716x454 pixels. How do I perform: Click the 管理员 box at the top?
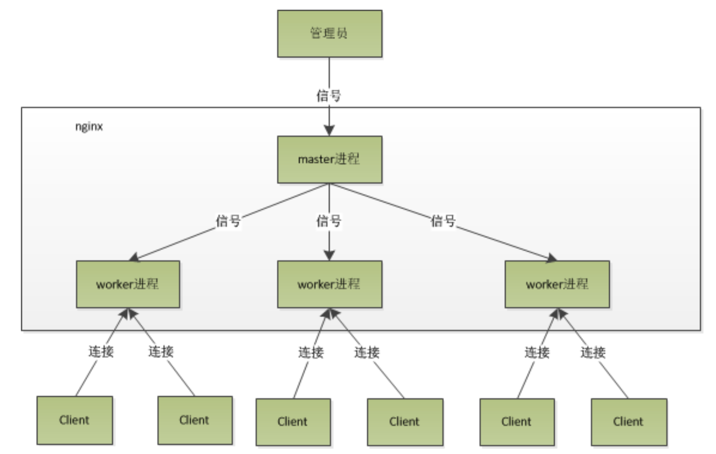(330, 34)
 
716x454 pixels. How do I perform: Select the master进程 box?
(330, 160)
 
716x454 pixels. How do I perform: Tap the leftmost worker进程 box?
(128, 284)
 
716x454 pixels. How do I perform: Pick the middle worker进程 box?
(330, 284)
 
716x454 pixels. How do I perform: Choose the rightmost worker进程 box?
(557, 284)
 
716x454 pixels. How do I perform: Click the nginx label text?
(89, 127)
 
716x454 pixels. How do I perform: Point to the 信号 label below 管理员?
(329, 95)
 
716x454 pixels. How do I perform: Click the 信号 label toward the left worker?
(228, 221)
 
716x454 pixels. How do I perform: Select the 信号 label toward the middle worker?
(329, 221)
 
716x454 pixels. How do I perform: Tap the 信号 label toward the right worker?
(443, 221)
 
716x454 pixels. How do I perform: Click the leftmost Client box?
(75, 420)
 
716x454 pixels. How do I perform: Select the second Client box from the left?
(195, 420)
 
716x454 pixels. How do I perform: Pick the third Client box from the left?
(293, 422)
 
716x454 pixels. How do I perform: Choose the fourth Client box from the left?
(405, 422)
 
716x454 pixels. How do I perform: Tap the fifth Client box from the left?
(517, 422)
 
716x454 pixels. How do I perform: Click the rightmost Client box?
(629, 422)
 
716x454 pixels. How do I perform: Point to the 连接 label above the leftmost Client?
(101, 352)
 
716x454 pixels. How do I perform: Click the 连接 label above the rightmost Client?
(593, 353)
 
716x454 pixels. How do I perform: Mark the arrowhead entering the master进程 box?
(329, 131)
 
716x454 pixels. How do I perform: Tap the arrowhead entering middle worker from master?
(329, 255)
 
